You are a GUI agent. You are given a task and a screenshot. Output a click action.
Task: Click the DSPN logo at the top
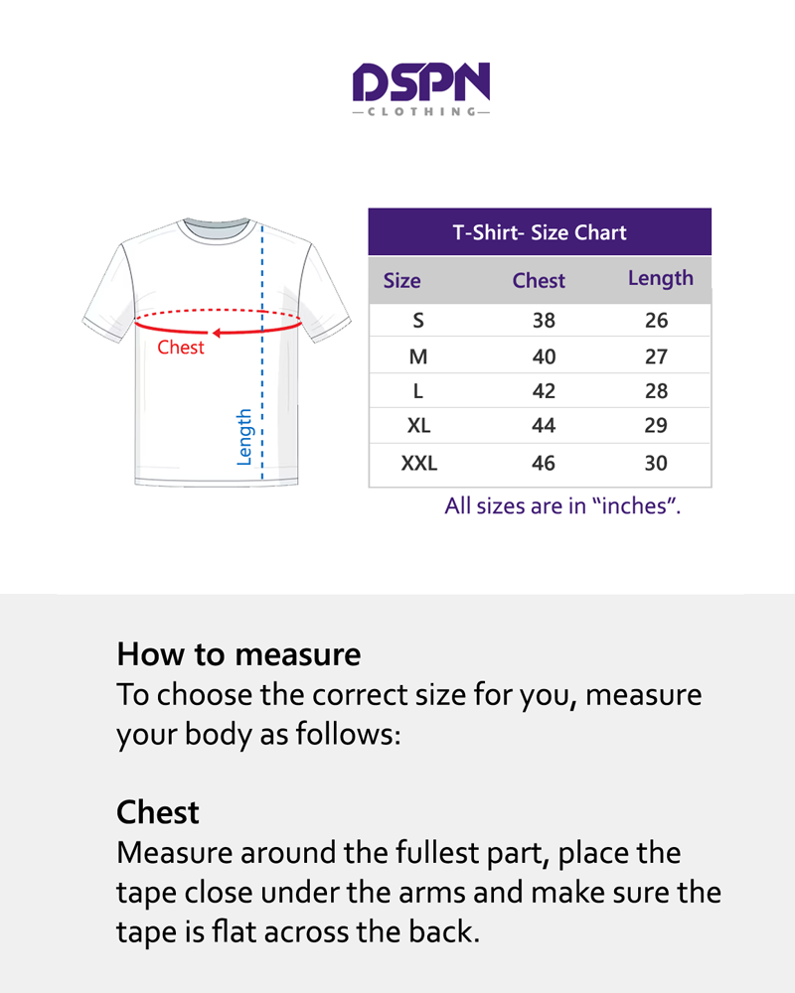421,82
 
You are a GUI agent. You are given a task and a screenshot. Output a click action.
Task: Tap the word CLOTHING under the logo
421,112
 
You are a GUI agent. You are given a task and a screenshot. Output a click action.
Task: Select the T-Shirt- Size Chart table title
540,233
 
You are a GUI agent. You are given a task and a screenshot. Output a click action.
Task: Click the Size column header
401,280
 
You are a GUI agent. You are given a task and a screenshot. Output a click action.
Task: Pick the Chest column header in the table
539,280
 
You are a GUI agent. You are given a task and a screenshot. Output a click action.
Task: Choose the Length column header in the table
660,278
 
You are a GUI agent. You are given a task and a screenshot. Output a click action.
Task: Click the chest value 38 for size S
544,321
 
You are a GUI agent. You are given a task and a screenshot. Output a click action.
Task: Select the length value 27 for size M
656,356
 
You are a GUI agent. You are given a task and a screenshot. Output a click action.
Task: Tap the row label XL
418,426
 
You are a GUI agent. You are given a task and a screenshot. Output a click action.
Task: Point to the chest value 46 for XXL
544,463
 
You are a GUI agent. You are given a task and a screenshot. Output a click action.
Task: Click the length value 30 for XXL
656,463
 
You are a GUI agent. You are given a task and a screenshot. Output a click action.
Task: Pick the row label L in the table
418,391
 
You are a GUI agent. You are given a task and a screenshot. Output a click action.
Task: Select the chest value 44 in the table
544,426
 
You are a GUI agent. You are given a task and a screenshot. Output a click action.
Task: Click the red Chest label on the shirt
181,348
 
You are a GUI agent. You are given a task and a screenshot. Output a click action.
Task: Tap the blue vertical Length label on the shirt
244,437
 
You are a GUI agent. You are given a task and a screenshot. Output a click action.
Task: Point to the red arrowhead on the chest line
215,334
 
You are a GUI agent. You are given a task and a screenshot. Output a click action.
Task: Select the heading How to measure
238,654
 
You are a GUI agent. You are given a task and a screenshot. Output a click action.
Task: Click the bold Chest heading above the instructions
158,812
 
